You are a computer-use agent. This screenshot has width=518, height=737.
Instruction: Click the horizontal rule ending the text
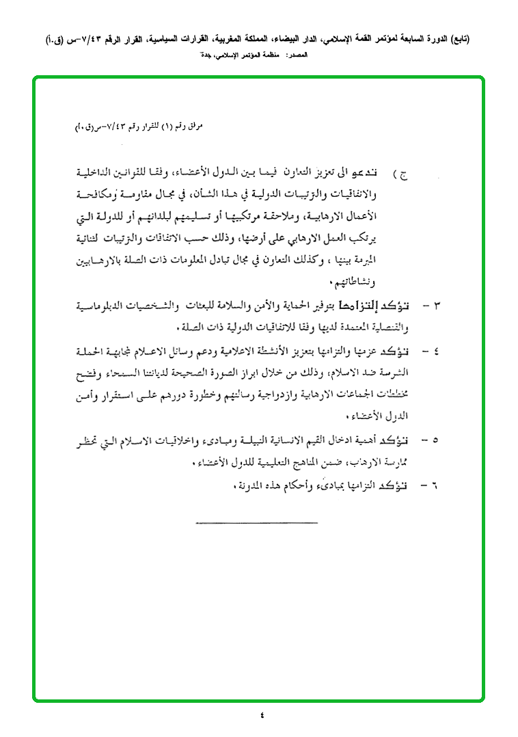(x=257, y=523)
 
